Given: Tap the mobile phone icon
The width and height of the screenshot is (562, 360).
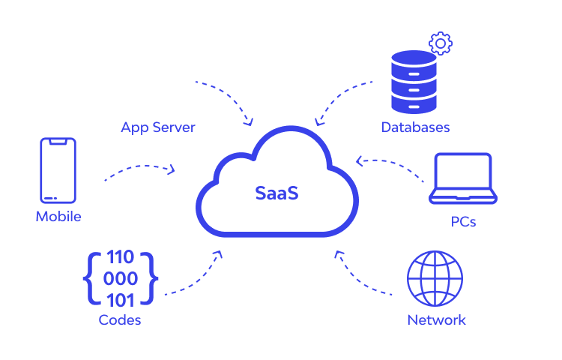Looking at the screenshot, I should [x=58, y=170].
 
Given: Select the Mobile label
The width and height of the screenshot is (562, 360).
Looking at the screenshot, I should [x=58, y=217].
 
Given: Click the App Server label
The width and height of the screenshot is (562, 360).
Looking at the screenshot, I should [x=158, y=127].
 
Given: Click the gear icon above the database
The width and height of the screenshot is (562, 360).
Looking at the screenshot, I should [x=441, y=43].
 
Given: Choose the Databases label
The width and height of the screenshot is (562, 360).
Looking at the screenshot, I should [x=415, y=127].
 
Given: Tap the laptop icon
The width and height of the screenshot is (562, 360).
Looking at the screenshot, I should [x=463, y=180].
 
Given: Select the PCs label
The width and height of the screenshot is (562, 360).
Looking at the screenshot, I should [x=463, y=222].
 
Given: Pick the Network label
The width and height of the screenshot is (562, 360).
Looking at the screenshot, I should [x=436, y=320].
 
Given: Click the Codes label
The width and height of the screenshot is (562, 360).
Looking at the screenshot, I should [x=120, y=320].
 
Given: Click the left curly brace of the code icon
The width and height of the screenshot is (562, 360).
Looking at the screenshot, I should [x=90, y=278].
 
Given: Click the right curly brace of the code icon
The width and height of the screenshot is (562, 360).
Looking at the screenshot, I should [x=153, y=278].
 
